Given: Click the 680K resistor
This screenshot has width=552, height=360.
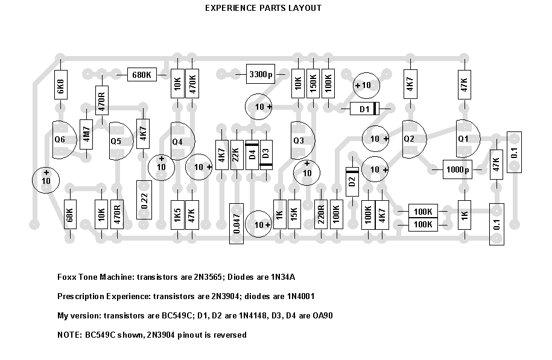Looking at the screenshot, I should pyautogui.click(x=141, y=75).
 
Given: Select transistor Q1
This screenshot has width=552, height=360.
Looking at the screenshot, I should pyautogui.click(x=465, y=139).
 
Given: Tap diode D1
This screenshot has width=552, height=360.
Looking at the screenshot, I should pyautogui.click(x=364, y=109).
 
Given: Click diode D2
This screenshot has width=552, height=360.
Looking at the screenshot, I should pyautogui.click(x=352, y=183).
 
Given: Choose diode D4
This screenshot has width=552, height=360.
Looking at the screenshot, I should pyautogui.click(x=252, y=154).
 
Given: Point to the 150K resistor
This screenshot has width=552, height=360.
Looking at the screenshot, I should pyautogui.click(x=312, y=86).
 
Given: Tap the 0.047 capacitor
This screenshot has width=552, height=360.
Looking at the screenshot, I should pyautogui.click(x=236, y=223).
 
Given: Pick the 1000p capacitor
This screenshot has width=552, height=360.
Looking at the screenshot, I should pyautogui.click(x=458, y=170).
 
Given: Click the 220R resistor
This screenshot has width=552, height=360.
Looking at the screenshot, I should pyautogui.click(x=321, y=215).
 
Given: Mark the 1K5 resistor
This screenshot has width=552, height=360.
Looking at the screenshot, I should pyautogui.click(x=177, y=215).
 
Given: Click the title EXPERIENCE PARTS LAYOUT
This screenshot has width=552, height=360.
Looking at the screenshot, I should pyautogui.click(x=263, y=8).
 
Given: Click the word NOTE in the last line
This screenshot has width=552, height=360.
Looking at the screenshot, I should pyautogui.click(x=68, y=335).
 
